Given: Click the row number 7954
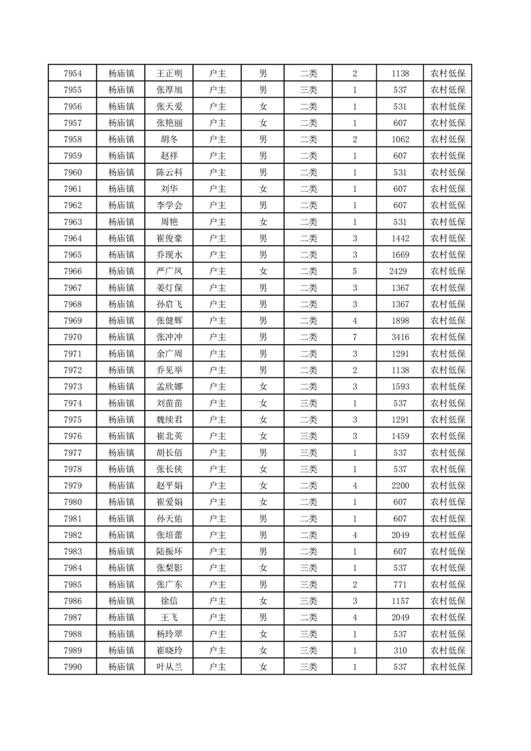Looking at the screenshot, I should pos(72,74).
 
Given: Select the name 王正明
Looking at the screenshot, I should pos(169,74).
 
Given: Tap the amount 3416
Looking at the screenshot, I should pos(400,337).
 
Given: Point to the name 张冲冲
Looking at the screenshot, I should pos(169,337).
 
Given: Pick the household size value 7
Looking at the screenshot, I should pos(354,337).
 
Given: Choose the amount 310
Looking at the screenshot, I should pos(400,650).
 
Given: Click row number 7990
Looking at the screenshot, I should pos(72,667).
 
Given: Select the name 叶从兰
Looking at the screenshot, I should pos(169,667).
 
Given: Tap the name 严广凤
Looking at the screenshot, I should pos(169,271).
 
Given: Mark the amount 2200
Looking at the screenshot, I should pos(400,485).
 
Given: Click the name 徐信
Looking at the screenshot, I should pos(169,600).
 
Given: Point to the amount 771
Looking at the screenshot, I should pos(400,584).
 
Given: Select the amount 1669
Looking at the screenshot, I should pos(400,254).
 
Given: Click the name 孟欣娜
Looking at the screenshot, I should pos(169,386).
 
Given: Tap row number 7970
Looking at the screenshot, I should pos(72,337).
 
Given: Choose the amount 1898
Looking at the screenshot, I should pos(400,321).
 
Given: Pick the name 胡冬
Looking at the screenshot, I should pos(169,139).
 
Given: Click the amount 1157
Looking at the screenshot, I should pos(400,600).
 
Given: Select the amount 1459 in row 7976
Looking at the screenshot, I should pos(400,436).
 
